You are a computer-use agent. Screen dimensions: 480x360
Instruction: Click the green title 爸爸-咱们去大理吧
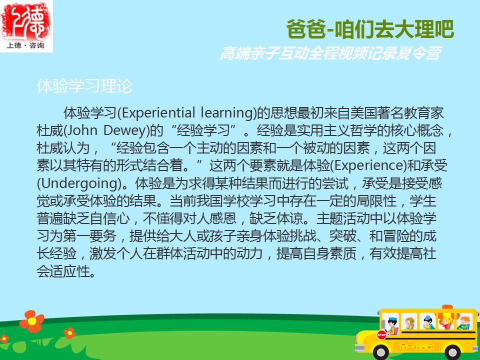click(370, 29)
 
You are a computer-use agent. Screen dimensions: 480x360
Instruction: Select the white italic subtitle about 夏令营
click(331, 53)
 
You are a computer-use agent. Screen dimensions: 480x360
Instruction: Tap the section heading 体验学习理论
click(84, 85)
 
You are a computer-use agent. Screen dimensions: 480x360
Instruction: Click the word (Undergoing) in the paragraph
click(79, 183)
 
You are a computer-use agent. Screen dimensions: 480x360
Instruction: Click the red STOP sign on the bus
click(381, 335)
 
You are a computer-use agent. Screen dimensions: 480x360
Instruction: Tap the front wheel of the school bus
click(380, 352)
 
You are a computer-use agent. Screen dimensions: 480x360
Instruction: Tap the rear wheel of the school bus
click(452, 352)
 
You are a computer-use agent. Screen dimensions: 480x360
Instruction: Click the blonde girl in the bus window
click(445, 322)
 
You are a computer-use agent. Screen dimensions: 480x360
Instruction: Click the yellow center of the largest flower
click(32, 321)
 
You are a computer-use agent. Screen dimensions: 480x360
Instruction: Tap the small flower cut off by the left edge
click(3, 339)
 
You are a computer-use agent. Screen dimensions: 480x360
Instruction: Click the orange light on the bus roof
click(447, 306)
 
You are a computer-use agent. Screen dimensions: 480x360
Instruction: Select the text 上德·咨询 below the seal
click(25, 45)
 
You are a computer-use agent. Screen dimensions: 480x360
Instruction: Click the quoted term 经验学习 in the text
click(203, 130)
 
